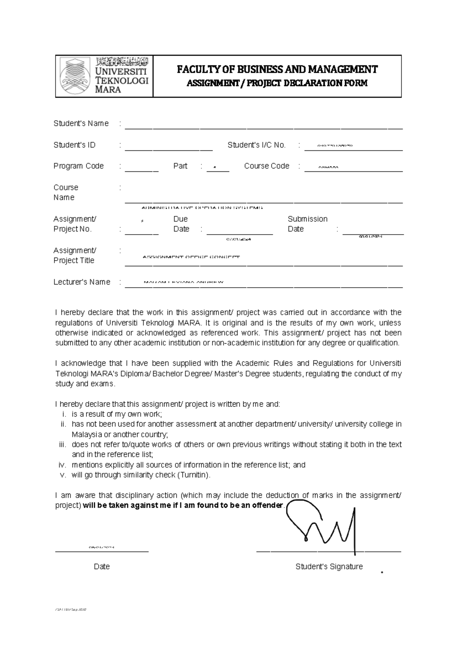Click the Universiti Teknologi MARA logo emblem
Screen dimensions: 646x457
(x=75, y=76)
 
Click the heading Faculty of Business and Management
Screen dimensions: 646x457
(x=277, y=69)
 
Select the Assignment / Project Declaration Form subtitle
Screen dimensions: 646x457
(x=277, y=83)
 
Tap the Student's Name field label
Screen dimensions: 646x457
(x=81, y=123)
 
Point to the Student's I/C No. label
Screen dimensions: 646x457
(x=256, y=145)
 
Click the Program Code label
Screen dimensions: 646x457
(x=78, y=166)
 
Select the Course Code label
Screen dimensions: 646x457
(x=267, y=166)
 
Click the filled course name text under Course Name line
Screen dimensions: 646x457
(x=202, y=208)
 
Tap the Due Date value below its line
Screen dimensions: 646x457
(x=239, y=239)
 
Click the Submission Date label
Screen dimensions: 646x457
(x=307, y=224)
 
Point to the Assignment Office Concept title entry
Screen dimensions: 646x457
(x=191, y=257)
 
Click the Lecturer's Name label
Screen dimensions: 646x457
(x=82, y=282)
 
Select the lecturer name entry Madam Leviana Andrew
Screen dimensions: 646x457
(x=183, y=282)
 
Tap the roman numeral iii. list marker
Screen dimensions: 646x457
(x=62, y=445)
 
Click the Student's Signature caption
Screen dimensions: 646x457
(x=329, y=567)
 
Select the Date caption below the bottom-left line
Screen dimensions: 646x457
(x=102, y=567)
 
